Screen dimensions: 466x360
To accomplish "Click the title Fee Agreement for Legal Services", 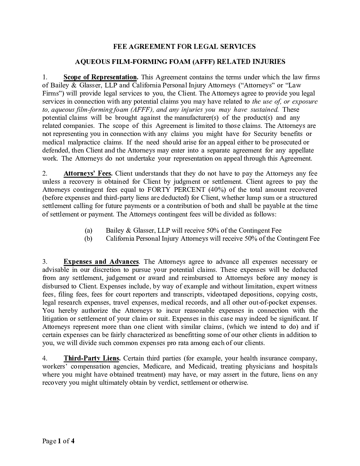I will tap(184, 47).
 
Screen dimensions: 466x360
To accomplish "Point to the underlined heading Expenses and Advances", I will tap(101, 262).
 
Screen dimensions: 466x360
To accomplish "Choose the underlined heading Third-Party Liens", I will tap(92, 359).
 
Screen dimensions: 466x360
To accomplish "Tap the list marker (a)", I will tap(89, 231).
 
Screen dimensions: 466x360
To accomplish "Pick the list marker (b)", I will tap(89, 239).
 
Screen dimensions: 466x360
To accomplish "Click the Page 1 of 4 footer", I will tap(59, 441).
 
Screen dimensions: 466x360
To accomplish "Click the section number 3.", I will tap(45, 262).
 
